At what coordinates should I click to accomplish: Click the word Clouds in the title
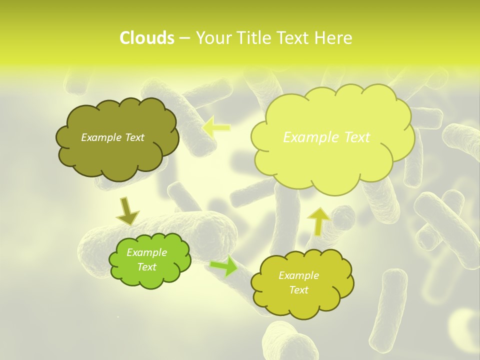(x=147, y=38)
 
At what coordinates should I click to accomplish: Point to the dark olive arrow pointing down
(x=127, y=211)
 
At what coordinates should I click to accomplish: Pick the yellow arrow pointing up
(x=318, y=220)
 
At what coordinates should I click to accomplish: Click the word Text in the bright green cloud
(x=147, y=267)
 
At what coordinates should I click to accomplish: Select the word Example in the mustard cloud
(x=298, y=275)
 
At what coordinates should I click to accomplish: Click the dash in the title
(x=184, y=38)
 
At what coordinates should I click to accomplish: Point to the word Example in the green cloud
(x=147, y=252)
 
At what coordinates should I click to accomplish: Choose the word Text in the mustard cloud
(x=298, y=290)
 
